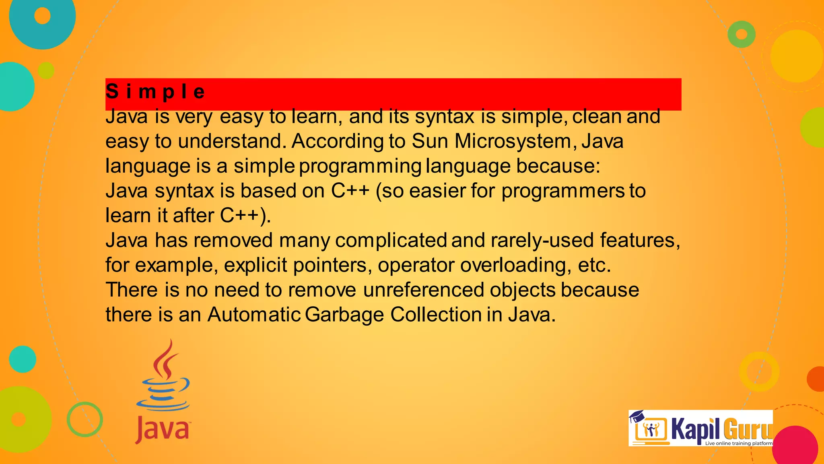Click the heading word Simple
point(155,92)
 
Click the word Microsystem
point(513,141)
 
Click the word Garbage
point(344,315)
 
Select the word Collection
point(436,315)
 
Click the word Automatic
point(254,315)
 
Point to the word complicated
point(391,240)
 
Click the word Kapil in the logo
point(695,429)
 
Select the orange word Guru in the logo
point(747,429)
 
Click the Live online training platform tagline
point(739,443)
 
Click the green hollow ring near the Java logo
point(84,419)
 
